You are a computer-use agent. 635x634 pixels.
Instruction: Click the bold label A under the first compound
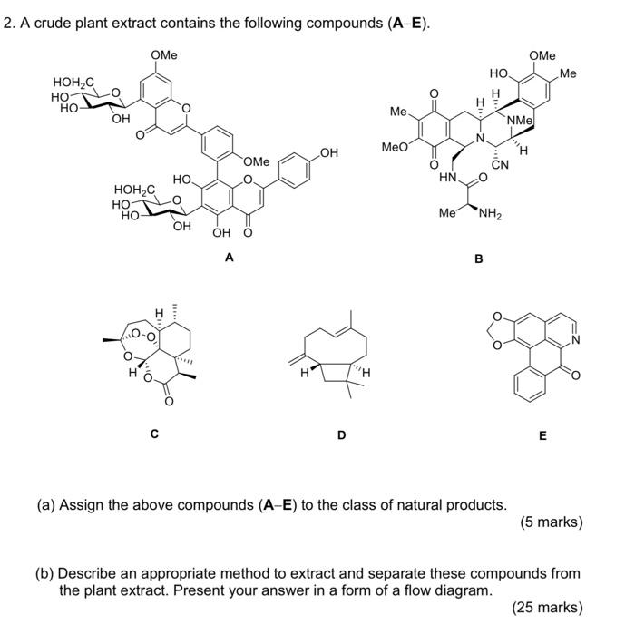[230, 258]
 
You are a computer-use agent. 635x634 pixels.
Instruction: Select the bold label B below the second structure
[479, 258]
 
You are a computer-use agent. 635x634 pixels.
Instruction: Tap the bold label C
[154, 434]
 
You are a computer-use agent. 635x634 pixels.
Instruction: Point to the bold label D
[341, 435]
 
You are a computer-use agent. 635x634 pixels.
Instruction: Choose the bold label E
[542, 435]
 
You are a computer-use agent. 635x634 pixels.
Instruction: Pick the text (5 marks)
[552, 522]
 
